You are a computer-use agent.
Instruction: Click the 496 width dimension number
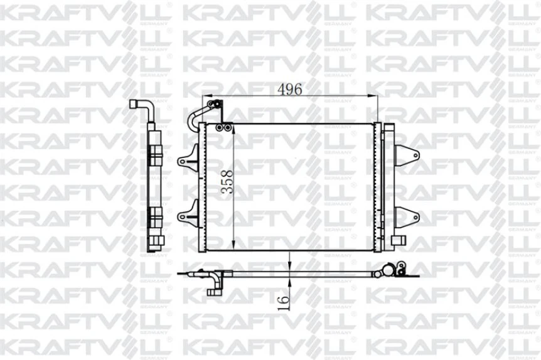(290, 89)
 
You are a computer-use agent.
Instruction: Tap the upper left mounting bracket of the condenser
(186, 159)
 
